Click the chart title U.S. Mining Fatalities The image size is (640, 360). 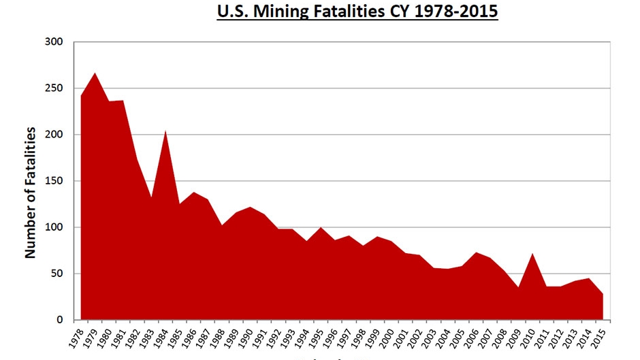(x=357, y=12)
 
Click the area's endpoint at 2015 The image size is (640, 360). (x=603, y=294)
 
